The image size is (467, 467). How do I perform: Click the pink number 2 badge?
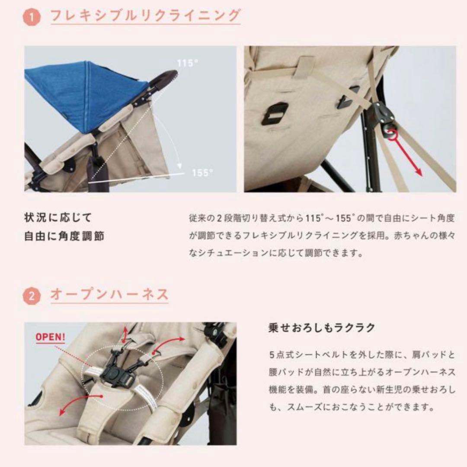coord(31,297)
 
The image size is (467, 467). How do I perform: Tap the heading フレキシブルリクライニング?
coord(145,16)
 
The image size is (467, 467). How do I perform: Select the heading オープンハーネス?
coord(109,295)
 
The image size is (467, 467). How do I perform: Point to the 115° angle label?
coord(187,63)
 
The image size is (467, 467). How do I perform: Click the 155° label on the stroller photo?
coord(202,173)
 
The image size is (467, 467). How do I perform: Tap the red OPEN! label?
coord(51,336)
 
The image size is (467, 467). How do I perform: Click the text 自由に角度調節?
coord(64,237)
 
